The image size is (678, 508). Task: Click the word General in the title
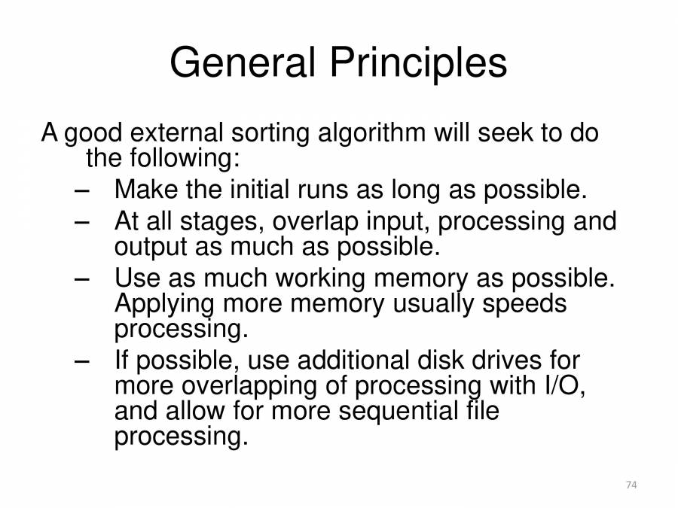click(243, 62)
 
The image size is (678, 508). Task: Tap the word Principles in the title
click(418, 63)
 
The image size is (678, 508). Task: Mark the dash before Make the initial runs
click(81, 190)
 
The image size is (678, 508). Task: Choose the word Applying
click(164, 305)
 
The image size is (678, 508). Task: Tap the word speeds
click(524, 304)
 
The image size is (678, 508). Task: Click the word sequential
click(398, 412)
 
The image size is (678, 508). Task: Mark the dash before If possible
click(81, 360)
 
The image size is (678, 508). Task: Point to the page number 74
click(631, 485)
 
